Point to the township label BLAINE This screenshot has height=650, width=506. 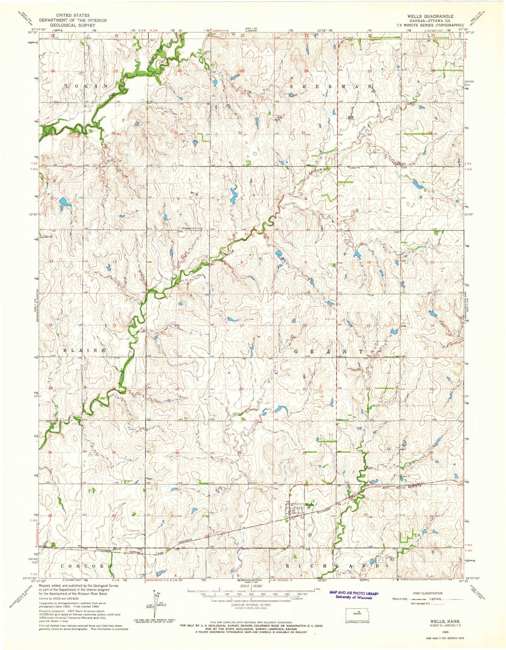pyautogui.click(x=84, y=350)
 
